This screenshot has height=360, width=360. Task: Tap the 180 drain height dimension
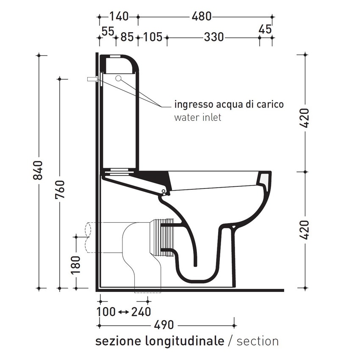tap(75, 265)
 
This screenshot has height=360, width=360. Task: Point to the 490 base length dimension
tap(164, 325)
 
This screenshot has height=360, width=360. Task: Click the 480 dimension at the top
tap(201, 17)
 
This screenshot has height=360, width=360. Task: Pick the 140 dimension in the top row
tap(119, 17)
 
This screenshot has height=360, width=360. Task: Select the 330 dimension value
tap(213, 37)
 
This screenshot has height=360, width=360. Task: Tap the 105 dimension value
tap(152, 37)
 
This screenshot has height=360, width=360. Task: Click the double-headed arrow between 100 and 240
tap(123, 313)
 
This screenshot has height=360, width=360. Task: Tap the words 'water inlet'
tap(197, 117)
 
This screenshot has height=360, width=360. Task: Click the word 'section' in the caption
tap(258, 341)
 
